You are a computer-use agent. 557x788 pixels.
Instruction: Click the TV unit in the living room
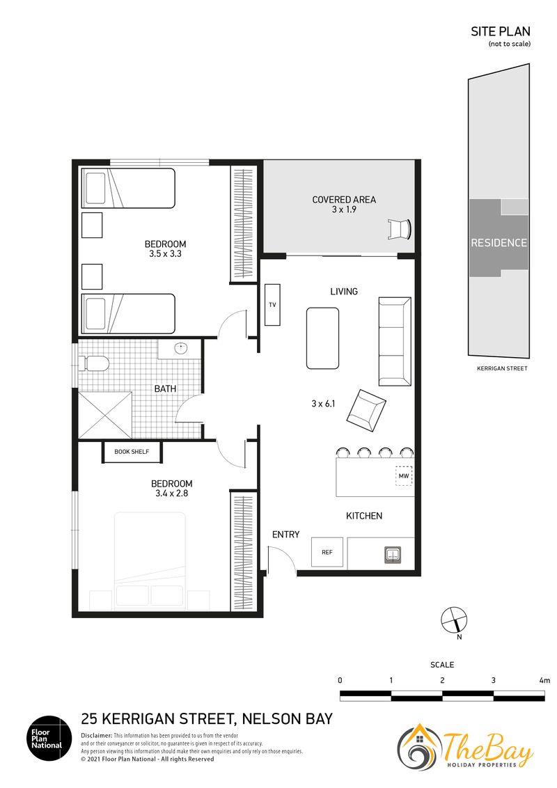[272, 304]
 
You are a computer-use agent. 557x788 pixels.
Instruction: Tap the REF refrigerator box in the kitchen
[327, 552]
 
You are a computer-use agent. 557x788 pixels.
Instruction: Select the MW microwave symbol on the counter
[404, 475]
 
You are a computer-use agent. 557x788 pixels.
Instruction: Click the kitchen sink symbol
[393, 555]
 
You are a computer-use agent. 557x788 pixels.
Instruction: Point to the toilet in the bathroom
[93, 363]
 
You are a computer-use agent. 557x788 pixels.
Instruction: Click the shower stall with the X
[105, 415]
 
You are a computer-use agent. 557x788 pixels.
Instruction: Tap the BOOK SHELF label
[132, 451]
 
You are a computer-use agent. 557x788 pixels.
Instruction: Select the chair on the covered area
[400, 229]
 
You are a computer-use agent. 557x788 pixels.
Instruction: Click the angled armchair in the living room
[366, 409]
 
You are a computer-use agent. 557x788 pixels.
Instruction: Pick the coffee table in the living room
[323, 338]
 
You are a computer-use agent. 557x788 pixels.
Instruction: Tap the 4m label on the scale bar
[544, 681]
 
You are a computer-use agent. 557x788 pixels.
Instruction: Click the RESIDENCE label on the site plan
[499, 243]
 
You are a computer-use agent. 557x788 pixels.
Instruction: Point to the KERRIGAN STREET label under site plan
[502, 368]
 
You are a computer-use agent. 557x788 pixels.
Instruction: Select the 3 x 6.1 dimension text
[323, 403]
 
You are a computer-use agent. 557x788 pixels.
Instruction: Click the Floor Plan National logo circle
[49, 739]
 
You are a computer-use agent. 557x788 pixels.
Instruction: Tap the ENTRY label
[285, 534]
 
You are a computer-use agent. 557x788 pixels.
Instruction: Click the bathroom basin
[180, 348]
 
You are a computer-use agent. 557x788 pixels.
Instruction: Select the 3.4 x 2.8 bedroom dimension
[171, 493]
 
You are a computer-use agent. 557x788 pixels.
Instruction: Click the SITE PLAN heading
[500, 31]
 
